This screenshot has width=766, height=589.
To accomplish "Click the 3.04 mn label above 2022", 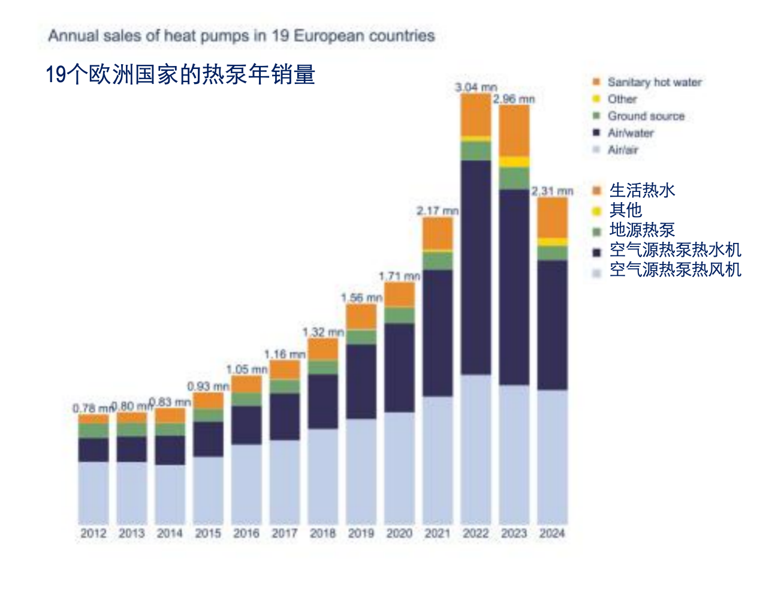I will point(475,88).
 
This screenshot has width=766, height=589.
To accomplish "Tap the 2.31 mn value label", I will point(552,191).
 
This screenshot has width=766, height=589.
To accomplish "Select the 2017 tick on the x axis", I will point(284,533).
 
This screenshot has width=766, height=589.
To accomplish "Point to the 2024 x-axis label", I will point(552,533).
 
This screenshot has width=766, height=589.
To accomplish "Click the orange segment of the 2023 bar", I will point(514,130).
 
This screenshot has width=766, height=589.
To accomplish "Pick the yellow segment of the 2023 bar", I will point(514,162).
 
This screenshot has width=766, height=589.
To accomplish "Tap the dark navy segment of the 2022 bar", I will point(476,267).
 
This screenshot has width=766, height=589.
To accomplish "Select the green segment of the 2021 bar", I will point(438,261).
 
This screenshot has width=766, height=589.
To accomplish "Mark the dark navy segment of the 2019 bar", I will point(361,381).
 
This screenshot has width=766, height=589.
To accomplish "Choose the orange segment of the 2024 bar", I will point(552,217).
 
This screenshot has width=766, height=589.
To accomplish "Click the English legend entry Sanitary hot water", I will point(654,82).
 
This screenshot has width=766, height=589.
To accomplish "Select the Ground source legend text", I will point(646,116).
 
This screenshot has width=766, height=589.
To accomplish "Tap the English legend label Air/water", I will point(631,133).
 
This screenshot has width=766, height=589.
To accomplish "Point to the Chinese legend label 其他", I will point(625,210).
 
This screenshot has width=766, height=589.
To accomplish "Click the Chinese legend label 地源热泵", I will point(642,230).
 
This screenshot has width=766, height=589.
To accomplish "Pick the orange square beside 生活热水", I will point(596,191).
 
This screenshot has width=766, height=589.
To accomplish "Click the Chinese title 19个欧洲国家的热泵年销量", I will point(180,75).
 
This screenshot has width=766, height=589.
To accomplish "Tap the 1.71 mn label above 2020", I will point(399,277).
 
